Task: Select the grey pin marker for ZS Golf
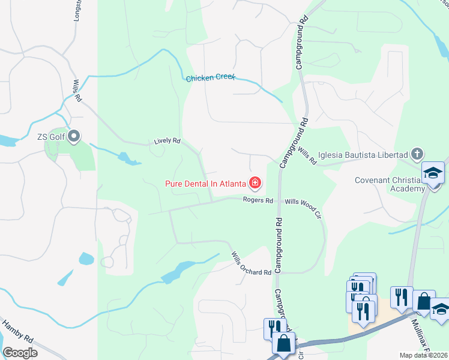click(x=74, y=137)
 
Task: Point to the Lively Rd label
click(x=167, y=141)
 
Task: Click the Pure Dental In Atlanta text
click(x=205, y=183)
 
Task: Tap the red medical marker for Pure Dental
click(x=255, y=182)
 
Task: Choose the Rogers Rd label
click(x=258, y=200)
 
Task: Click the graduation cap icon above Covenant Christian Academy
click(x=432, y=173)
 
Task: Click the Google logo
click(x=20, y=352)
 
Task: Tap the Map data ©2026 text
click(x=423, y=355)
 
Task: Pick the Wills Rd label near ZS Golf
click(x=76, y=92)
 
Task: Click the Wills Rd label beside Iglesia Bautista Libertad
click(x=306, y=157)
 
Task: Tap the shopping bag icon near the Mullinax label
click(x=424, y=301)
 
